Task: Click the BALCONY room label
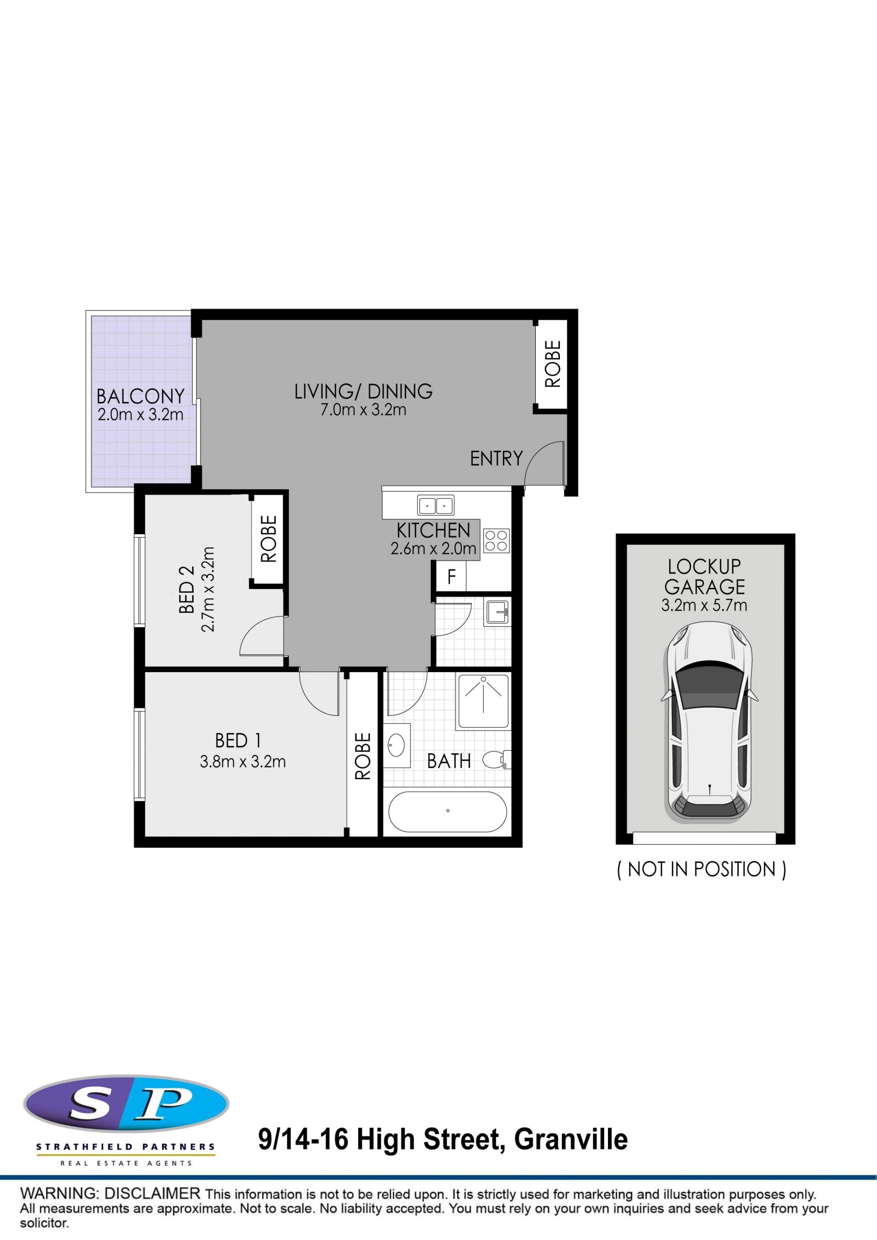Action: [x=140, y=397]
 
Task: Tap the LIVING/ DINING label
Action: [x=364, y=392]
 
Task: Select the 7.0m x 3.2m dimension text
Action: [x=364, y=410]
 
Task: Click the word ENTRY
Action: [x=497, y=459]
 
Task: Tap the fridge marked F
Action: [x=451, y=577]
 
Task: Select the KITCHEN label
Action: [x=433, y=530]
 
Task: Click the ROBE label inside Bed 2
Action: [x=269, y=539]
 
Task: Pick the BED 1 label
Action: [x=238, y=741]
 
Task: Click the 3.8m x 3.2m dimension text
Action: [x=243, y=762]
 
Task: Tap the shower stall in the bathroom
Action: [x=483, y=701]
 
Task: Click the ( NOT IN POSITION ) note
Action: [x=702, y=869]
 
